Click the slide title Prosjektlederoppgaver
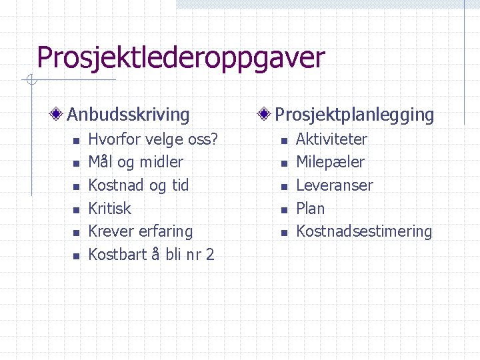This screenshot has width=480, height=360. point(181,58)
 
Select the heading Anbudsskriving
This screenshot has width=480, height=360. point(128,115)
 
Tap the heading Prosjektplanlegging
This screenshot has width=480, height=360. point(354,115)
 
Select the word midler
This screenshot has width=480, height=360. point(161,162)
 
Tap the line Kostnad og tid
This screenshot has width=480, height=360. point(138,185)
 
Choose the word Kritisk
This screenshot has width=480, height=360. point(110,209)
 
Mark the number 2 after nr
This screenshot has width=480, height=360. point(210,255)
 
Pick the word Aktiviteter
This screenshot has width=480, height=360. point(331,139)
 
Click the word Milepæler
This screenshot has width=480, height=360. point(330,162)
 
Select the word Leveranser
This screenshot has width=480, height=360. point(334,185)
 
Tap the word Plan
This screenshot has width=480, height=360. point(310,209)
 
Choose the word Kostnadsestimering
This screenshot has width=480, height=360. point(363,231)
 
